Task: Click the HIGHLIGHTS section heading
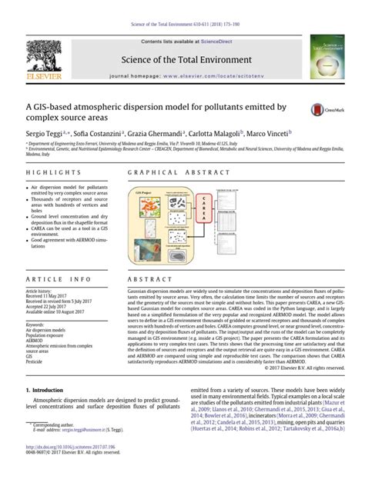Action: coord(48,175)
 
